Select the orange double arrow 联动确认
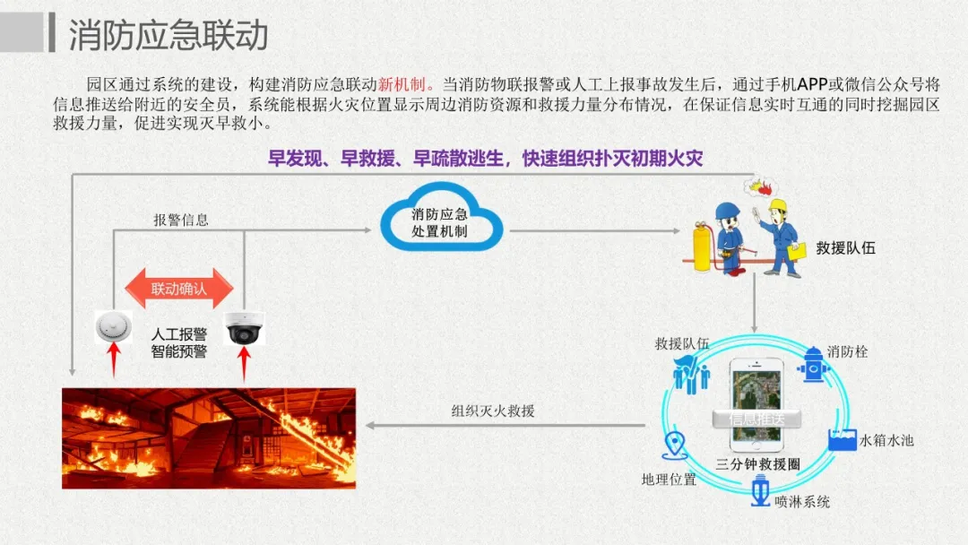click(178, 289)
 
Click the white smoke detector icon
click(113, 327)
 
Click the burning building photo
click(209, 437)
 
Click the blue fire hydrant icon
click(813, 363)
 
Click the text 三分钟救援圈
click(757, 464)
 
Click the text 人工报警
click(178, 334)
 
